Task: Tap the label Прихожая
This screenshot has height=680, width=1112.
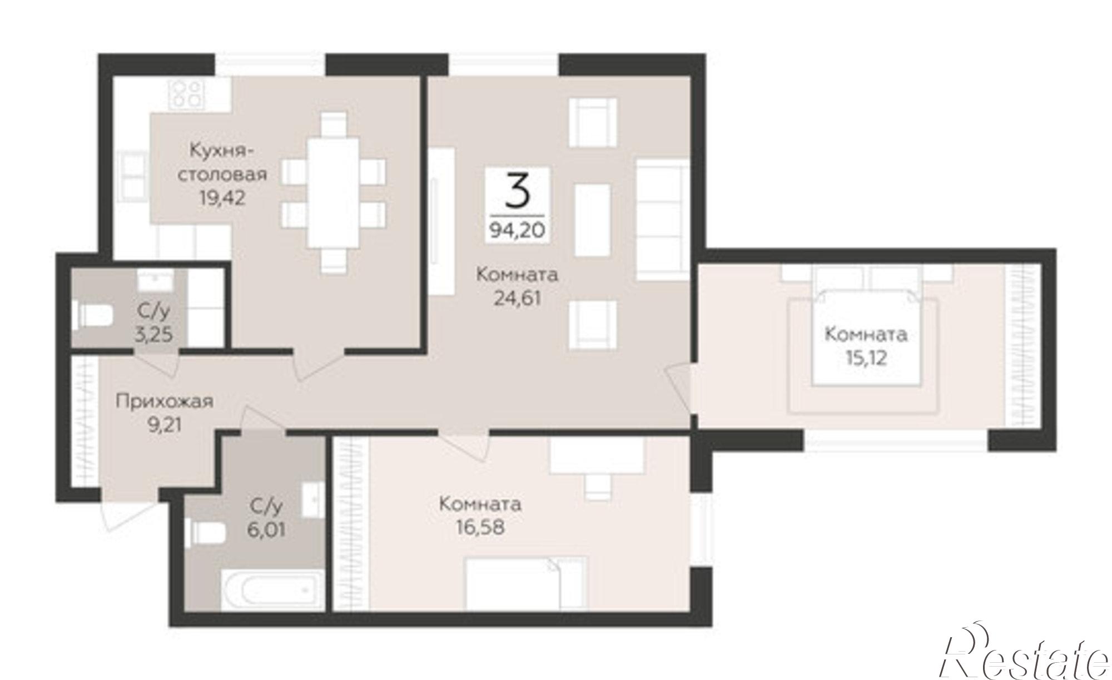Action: [x=165, y=401]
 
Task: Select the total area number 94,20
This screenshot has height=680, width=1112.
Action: [x=518, y=229]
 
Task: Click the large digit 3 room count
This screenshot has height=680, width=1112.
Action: [x=518, y=190]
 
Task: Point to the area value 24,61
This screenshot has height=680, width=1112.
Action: [x=517, y=299]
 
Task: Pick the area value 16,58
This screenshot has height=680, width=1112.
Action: [x=480, y=527]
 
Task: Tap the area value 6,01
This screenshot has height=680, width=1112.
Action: [x=266, y=529]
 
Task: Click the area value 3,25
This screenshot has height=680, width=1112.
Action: [x=154, y=335]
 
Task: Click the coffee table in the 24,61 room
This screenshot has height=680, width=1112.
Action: [x=592, y=219]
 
